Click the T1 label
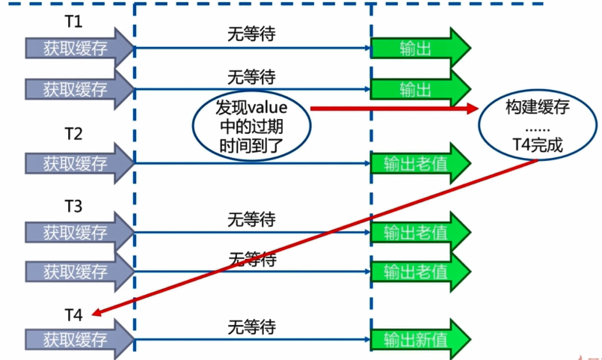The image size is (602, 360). coord(74,22)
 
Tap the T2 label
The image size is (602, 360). coord(74,134)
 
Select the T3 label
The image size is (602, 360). coord(74,207)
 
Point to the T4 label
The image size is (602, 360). coord(74,315)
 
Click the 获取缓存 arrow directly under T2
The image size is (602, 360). coord(79,163)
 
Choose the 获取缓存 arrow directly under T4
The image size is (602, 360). coord(79,339)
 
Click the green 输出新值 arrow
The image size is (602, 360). coord(421,340)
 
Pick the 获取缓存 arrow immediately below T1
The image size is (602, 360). coord(79,48)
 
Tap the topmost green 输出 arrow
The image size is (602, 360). coord(421,48)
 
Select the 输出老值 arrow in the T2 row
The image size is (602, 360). coord(421,164)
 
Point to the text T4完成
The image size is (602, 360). coord(538,145)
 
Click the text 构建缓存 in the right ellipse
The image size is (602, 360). coord(538,107)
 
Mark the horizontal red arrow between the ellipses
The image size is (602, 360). coord(394,109)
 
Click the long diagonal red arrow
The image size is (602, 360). coord(315,237)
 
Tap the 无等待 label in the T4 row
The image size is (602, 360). coord(251,327)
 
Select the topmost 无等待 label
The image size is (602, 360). coord(251,34)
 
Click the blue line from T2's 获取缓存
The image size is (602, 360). coord(252,163)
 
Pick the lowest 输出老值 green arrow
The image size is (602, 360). coord(421,272)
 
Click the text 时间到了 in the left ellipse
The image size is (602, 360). coord(251,146)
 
